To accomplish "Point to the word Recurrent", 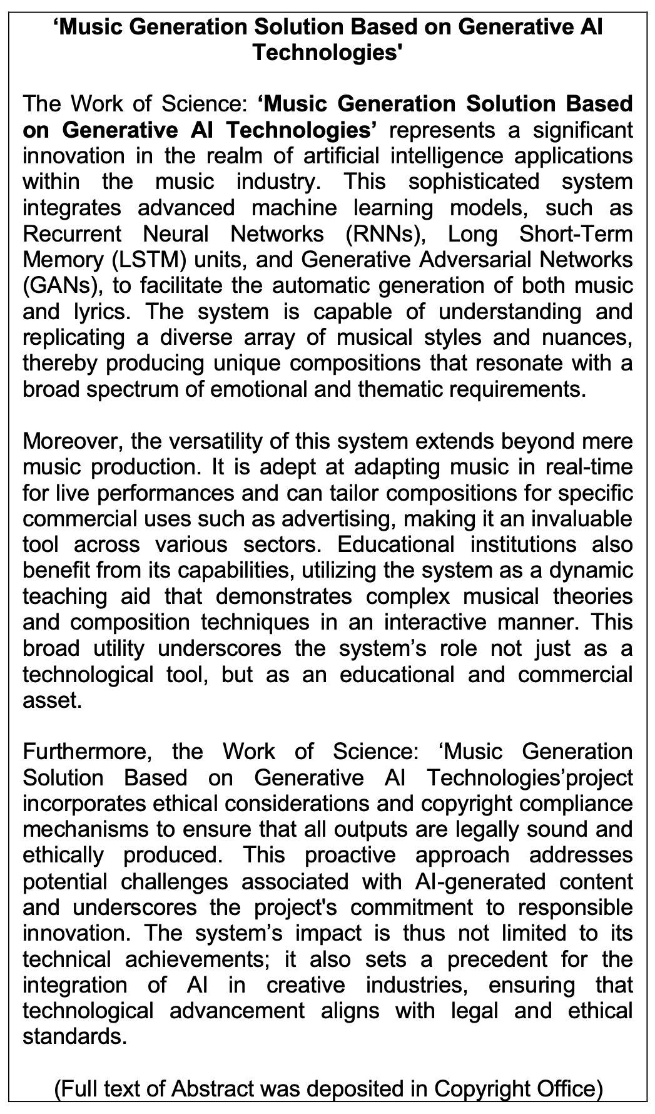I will (72, 234).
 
